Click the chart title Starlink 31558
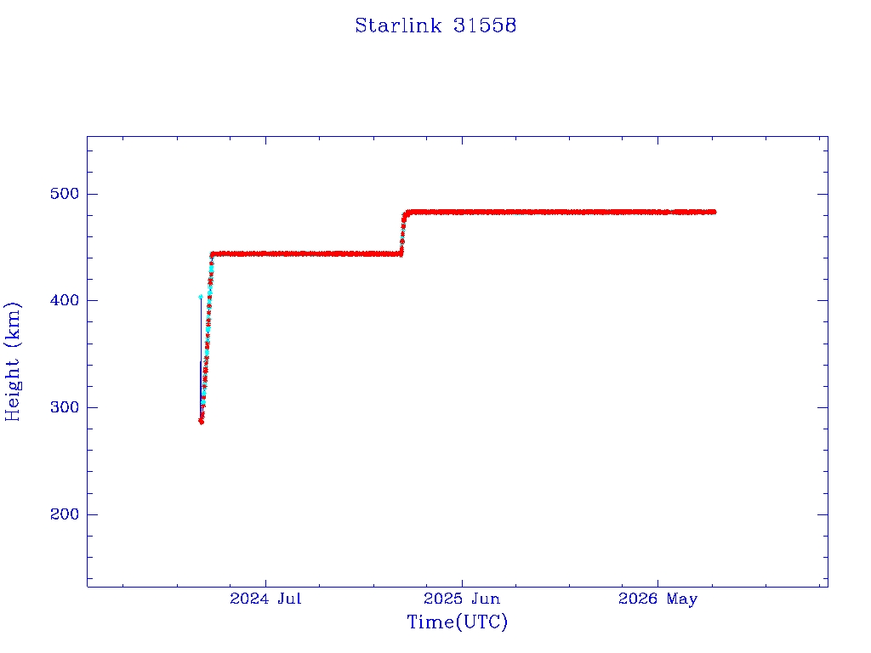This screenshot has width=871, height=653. pos(435,26)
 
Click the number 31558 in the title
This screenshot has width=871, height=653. pos(484,26)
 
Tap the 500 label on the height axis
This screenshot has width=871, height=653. pos(65,194)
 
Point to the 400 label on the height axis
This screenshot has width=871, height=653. pos(65,300)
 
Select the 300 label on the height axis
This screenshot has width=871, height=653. pos(65,407)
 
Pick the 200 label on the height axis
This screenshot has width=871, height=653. pos(65,514)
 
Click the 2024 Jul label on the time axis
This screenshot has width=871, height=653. pos(265,599)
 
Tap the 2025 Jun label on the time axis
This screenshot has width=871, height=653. pos(462,599)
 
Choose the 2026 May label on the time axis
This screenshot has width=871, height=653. pos(658,599)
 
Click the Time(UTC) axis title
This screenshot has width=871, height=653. pos(457,622)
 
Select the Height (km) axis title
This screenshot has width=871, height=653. pos(12,361)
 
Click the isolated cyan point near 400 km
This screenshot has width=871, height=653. pos(201,297)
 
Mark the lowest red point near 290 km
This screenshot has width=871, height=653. pos(201,422)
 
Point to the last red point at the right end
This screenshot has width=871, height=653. pos(714,212)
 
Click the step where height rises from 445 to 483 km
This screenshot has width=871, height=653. pos(402,233)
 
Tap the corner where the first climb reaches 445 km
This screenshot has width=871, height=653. pos(212,254)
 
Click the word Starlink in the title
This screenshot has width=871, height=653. pos(398,26)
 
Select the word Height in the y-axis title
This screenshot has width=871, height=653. pos(12,389)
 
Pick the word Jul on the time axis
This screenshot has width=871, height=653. pos(289,599)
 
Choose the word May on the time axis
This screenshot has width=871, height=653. pos(682,599)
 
